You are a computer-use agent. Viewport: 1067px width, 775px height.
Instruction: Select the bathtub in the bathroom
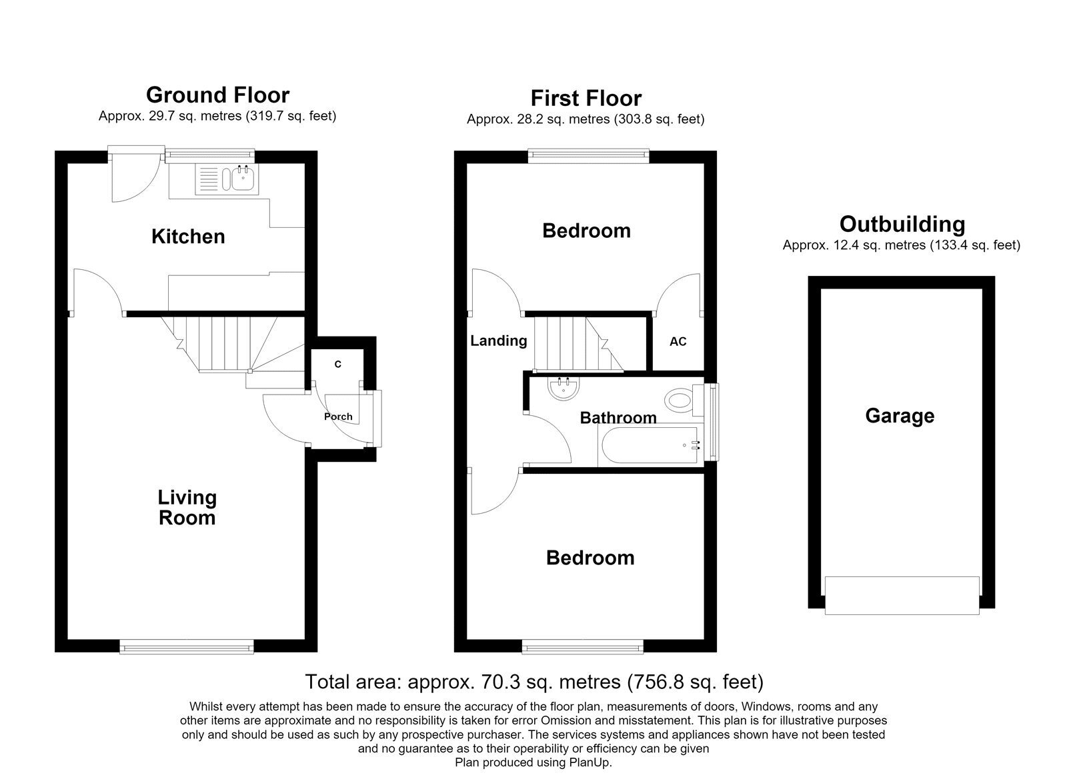[x=651, y=446]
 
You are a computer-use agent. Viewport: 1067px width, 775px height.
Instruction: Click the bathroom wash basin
[x=564, y=388]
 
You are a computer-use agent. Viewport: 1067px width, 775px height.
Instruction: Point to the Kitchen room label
[x=188, y=237]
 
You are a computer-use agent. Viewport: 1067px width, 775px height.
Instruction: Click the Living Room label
[x=187, y=508]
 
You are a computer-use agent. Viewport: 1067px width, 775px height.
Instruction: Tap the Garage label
[x=900, y=416]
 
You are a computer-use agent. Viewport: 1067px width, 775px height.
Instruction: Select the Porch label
[x=338, y=416]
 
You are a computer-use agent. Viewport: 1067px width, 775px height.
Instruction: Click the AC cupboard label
[x=678, y=341]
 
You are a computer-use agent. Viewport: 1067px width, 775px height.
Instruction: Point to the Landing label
[x=499, y=341]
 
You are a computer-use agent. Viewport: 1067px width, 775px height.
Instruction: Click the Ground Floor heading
[x=217, y=95]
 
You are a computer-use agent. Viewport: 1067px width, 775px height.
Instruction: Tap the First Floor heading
[x=586, y=99]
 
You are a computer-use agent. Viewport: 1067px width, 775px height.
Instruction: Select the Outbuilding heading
[x=902, y=224]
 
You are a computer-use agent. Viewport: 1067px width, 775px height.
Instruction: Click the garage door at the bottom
[x=902, y=596]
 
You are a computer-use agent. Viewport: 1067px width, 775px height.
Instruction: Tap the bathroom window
[x=712, y=422]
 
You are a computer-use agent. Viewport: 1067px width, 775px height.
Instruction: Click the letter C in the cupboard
[x=337, y=364]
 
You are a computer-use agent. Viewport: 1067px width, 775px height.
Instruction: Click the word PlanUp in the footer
[x=590, y=762]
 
